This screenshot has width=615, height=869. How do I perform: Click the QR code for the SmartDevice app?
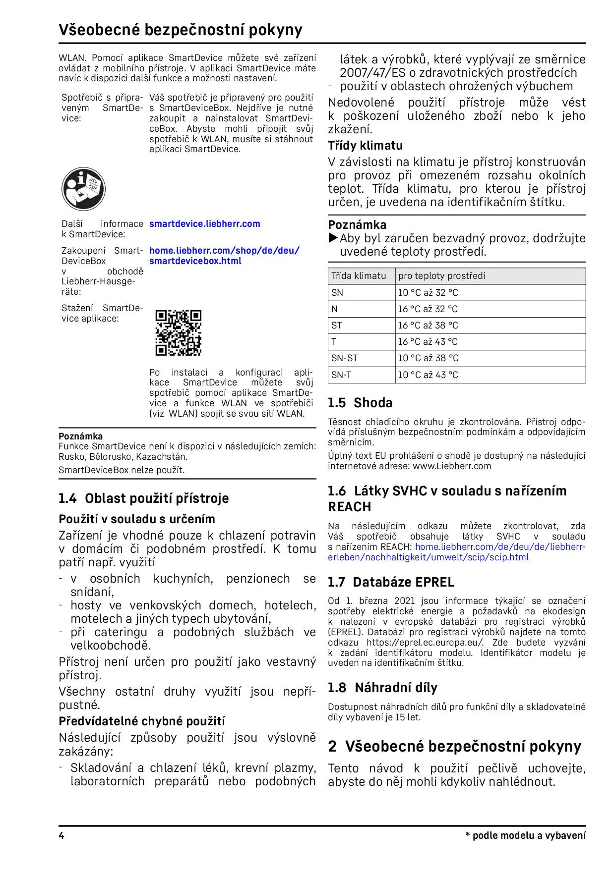pos(178,333)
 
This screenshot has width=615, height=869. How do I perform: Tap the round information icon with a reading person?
pos(83,189)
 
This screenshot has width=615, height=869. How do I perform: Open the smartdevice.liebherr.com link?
pos(204,224)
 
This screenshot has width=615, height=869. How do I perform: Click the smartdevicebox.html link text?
pos(195,261)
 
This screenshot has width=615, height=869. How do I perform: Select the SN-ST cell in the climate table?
pos(344,358)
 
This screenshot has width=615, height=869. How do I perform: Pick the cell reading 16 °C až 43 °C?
pos(428,342)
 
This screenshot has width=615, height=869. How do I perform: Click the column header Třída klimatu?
pos(359,276)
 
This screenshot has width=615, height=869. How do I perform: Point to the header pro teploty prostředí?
pos(441,276)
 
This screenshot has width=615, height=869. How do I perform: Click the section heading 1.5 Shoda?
pos(360,403)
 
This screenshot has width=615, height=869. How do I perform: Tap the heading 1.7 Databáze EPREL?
pos(391,582)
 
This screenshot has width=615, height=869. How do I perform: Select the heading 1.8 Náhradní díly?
pos(382,688)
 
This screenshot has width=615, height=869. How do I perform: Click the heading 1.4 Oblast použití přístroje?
pos(143,498)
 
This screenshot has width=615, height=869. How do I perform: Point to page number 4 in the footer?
pos(61,835)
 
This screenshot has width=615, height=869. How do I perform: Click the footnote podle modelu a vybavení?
pos(528,836)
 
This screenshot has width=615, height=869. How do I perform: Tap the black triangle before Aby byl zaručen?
pos(333,238)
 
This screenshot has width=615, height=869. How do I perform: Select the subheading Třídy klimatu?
pos(365,146)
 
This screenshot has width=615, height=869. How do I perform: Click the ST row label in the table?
pos(336,326)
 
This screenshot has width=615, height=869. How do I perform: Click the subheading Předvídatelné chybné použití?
pos(142,721)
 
